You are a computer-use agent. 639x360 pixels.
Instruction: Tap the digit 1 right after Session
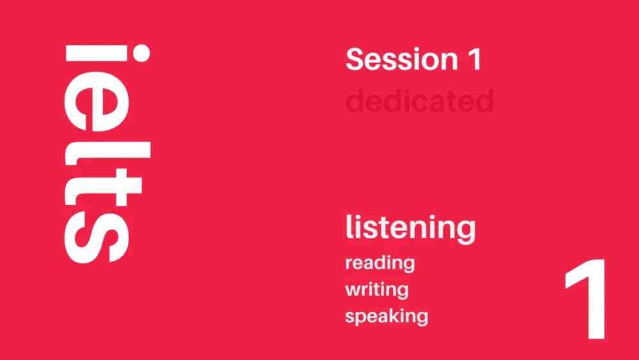click(472, 60)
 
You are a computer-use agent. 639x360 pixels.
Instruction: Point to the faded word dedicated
click(420, 101)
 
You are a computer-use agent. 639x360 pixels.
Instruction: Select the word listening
click(410, 228)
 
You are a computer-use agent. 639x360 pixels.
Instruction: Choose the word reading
click(380, 263)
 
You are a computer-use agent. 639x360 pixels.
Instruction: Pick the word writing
click(376, 290)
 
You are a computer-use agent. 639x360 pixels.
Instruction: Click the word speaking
click(386, 317)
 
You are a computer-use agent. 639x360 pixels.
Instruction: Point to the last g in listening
click(466, 231)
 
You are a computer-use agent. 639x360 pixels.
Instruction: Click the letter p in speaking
click(362, 318)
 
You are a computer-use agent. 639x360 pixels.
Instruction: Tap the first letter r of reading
click(349, 263)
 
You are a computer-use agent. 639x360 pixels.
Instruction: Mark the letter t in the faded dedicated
click(458, 101)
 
